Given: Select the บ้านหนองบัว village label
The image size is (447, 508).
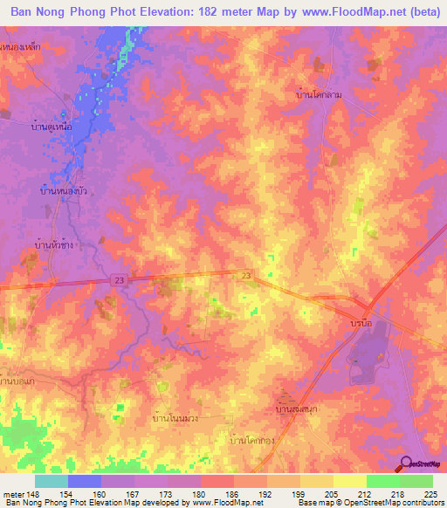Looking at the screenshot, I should click(x=63, y=189).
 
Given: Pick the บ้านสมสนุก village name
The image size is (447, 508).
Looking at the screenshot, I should click(x=294, y=408).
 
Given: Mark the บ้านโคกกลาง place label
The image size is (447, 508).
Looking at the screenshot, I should click(x=251, y=442).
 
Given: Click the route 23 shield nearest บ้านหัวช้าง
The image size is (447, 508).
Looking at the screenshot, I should click(x=118, y=279).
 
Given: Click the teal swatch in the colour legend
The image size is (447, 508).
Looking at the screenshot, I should click(x=52, y=480).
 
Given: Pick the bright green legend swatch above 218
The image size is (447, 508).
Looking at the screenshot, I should click(x=382, y=480).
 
